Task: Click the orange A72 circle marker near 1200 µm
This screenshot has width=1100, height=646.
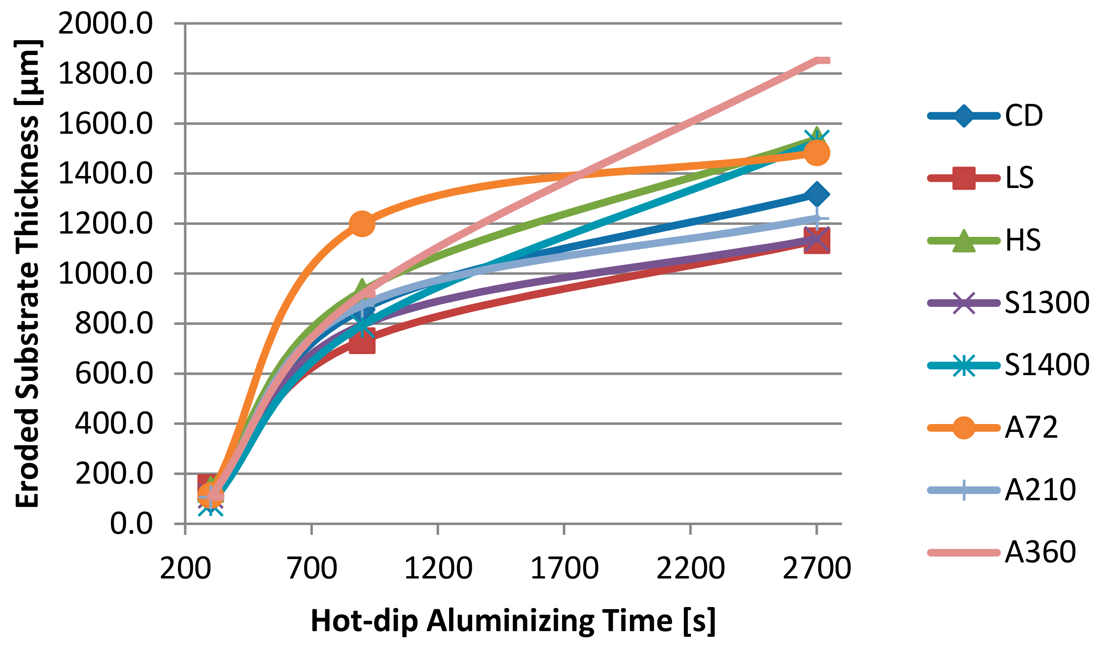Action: [x=362, y=224]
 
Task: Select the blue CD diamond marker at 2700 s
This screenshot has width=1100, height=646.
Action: [x=817, y=195]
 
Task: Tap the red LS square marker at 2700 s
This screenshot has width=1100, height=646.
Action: [x=817, y=241]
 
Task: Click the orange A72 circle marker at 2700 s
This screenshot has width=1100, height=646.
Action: [x=817, y=153]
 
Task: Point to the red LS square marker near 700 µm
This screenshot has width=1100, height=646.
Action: [x=362, y=341]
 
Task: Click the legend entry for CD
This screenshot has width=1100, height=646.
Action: [x=1023, y=116]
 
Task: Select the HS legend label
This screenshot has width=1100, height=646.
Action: [x=1023, y=241]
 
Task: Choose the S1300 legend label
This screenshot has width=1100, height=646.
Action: [x=1046, y=303]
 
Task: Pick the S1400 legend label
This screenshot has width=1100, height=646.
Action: [x=1046, y=365]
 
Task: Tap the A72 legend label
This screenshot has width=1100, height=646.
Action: [x=1031, y=428]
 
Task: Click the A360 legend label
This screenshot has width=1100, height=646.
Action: [x=1040, y=552]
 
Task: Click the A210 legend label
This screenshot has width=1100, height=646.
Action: [x=1040, y=490]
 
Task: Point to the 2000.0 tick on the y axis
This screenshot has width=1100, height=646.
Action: [x=105, y=24]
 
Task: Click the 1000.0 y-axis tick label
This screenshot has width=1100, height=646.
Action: [x=105, y=274]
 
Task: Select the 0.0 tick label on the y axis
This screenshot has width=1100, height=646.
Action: [x=131, y=524]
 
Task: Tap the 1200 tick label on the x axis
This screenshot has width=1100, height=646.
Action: [x=438, y=569]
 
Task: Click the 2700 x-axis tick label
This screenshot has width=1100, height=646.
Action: [x=817, y=569]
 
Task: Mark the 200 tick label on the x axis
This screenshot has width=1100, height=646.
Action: [x=185, y=569]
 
